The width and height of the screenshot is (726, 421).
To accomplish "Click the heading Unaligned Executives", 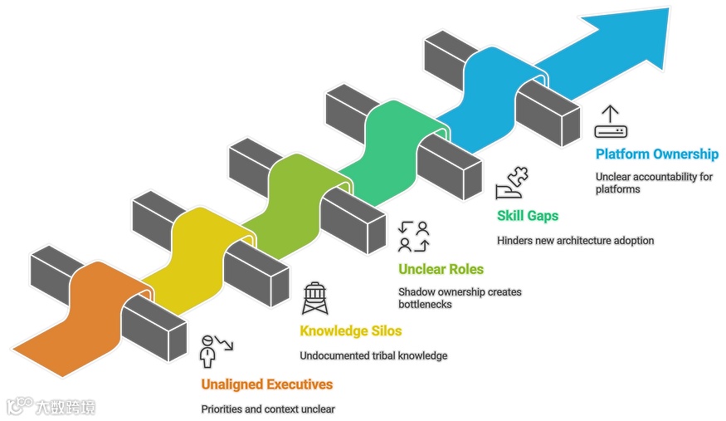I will coord(266,384).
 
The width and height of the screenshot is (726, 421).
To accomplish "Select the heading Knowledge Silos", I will coord(350,331).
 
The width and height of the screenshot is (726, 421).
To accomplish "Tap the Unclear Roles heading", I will coord(441,269).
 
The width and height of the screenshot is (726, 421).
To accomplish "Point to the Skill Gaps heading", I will coord(528,216).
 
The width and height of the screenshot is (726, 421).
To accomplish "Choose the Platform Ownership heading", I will coord(656,154).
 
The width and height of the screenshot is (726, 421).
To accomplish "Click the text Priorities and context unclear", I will coord(267,409).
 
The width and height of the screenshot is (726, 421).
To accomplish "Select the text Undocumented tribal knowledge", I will coord(373,355).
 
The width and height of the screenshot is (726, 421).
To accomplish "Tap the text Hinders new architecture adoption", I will coord(575,241).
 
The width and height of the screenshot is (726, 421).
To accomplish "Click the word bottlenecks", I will coord(425,305).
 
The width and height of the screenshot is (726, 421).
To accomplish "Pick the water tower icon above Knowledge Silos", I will coord(314,297).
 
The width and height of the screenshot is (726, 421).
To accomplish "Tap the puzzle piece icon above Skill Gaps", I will coord(512,183).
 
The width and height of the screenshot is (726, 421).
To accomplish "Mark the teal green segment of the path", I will coord(390,141).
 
